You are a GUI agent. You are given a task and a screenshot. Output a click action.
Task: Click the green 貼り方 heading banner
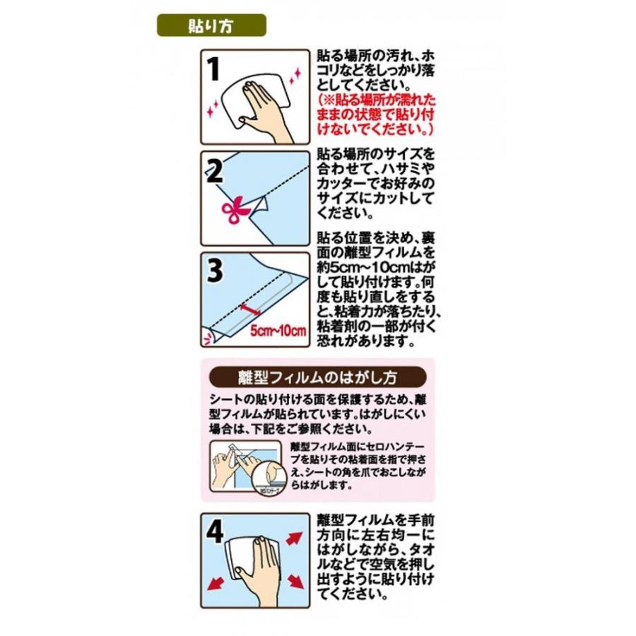[211, 26]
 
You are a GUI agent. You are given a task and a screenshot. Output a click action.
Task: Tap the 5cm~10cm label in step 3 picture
[278, 331]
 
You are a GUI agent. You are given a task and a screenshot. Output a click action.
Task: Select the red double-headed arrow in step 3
[251, 308]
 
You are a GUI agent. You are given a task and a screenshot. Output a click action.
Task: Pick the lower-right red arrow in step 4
[296, 584]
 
